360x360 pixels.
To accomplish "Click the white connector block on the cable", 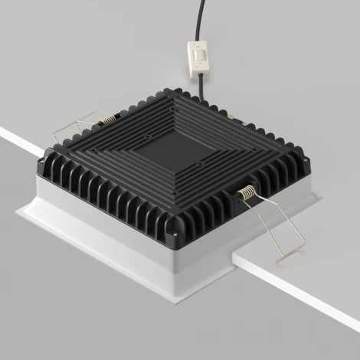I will pos(198,58).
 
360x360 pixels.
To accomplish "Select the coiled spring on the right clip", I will pos(248,195).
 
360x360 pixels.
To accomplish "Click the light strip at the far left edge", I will pos(11,139).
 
